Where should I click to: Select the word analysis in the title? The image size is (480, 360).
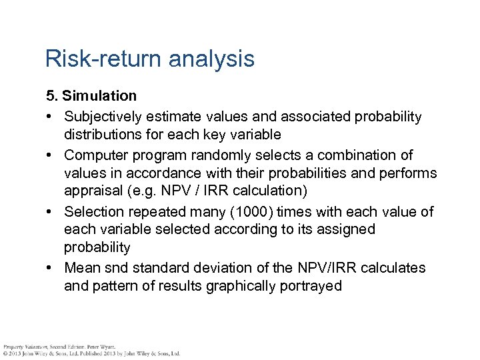(x=212, y=59)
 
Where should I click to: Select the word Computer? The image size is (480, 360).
(x=93, y=155)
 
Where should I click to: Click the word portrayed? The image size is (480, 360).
(x=315, y=286)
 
